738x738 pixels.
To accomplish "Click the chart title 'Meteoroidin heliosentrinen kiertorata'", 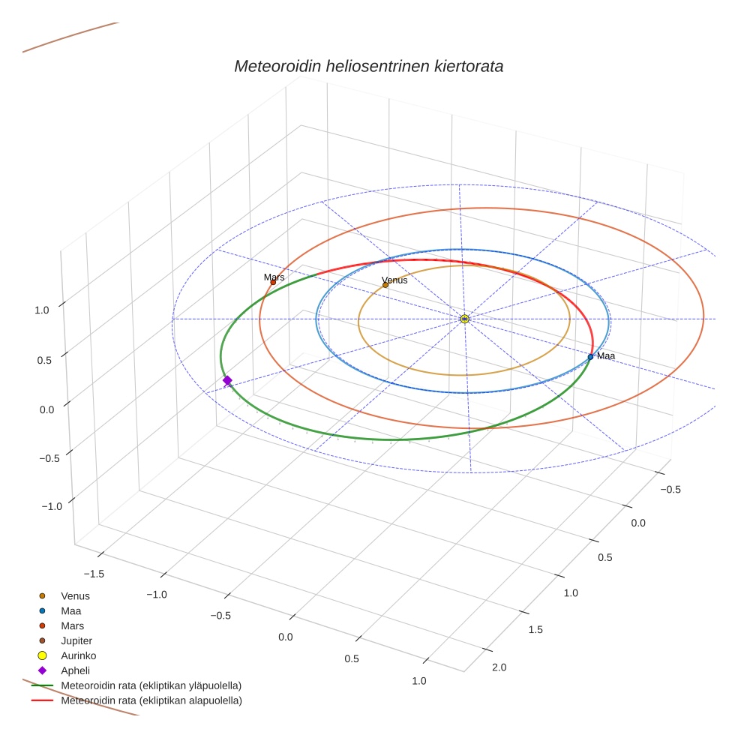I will coord(368,66).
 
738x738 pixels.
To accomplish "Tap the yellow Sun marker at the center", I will coord(464,319).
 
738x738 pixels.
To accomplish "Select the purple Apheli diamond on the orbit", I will coord(227,381).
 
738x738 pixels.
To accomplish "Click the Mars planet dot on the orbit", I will coord(273,282).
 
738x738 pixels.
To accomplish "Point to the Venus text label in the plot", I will coord(394,280).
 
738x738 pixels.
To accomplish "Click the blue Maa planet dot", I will coord(590,356).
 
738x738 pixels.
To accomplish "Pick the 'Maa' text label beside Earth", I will coord(606,355).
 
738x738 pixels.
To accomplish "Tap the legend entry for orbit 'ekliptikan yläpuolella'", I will coord(151,685).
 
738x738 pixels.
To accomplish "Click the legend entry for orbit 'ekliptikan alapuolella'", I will coord(151,700).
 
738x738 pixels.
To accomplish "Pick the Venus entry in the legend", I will coord(75,595).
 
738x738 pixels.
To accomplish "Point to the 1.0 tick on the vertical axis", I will coord(42,309).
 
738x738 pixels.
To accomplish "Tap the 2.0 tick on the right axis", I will coord(499,667).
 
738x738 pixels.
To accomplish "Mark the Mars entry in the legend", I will coord(73,625).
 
